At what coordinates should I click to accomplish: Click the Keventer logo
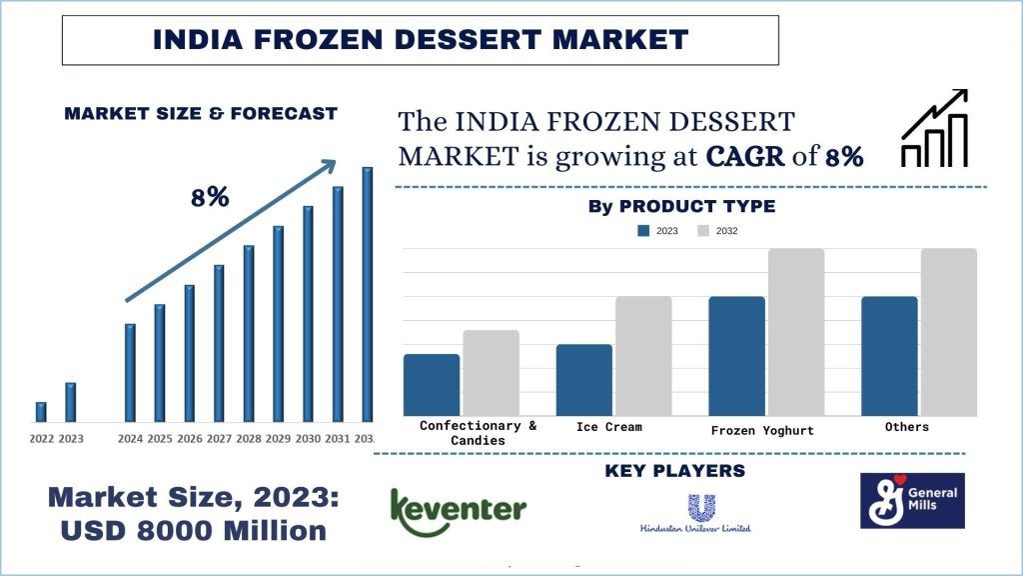458,513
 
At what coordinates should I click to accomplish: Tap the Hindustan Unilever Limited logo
695,513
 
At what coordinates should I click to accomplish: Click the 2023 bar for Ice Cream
584,380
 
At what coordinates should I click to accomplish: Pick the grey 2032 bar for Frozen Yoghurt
796,332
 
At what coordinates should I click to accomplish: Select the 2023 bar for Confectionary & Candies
432,385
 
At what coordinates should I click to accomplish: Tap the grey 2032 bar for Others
949,332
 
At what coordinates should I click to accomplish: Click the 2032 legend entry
716,231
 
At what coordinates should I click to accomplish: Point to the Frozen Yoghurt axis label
762,431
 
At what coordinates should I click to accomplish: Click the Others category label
906,427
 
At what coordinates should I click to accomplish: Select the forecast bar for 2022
41,412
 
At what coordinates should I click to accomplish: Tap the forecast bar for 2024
130,372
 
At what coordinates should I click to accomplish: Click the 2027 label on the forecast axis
219,439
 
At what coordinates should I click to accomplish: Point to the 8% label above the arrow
210,198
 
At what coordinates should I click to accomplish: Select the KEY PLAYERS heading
674,471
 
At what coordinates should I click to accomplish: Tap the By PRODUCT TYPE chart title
681,207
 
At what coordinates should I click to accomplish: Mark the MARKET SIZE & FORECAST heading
201,114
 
